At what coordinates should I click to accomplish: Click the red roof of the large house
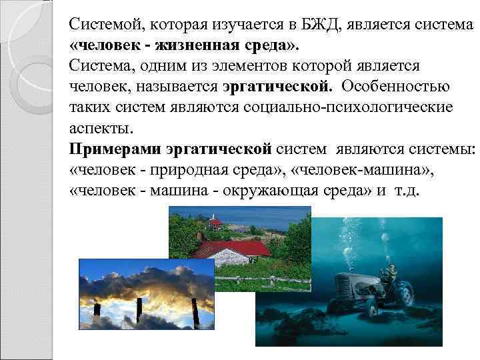click(233, 249)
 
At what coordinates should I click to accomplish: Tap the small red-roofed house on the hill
click(215, 223)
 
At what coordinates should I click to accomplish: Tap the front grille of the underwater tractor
click(343, 286)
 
